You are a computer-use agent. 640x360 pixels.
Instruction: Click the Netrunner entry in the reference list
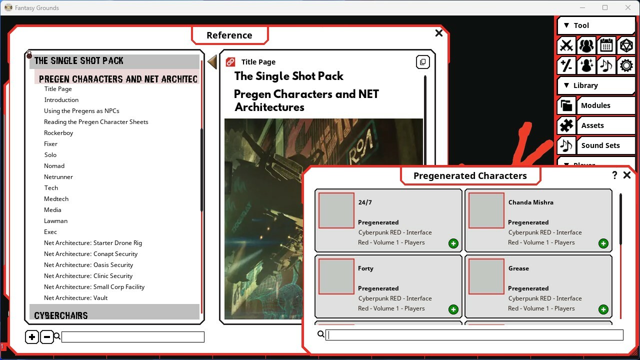coord(58,177)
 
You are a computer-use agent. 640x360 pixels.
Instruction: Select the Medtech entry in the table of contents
coord(56,199)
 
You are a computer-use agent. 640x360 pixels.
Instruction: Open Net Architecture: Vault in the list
coord(75,298)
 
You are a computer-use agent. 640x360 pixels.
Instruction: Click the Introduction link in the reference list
coord(61,100)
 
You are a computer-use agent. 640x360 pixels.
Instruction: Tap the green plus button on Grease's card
coord(603,309)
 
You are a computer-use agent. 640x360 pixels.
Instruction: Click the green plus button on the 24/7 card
coord(453,243)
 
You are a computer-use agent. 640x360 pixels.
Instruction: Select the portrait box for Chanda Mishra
coord(486,210)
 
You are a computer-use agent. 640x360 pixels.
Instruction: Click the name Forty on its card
coord(365,268)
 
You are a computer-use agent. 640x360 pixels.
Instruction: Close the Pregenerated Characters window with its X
coord(626,175)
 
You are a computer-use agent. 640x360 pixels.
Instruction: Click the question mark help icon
coord(614,175)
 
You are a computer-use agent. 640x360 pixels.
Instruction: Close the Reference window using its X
coord(439,33)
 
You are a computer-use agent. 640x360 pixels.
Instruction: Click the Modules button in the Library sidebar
coord(595,105)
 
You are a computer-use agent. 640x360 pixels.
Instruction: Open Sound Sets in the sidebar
coord(600,145)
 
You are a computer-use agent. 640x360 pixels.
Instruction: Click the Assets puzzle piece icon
coord(566,125)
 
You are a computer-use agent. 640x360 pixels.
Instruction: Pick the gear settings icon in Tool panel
coord(626,65)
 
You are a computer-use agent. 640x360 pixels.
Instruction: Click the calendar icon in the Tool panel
coord(606,45)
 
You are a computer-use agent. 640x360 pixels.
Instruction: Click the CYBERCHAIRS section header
coord(61,315)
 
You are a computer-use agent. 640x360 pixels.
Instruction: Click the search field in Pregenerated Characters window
coord(474,335)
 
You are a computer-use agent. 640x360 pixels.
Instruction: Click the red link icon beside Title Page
coord(230,62)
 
